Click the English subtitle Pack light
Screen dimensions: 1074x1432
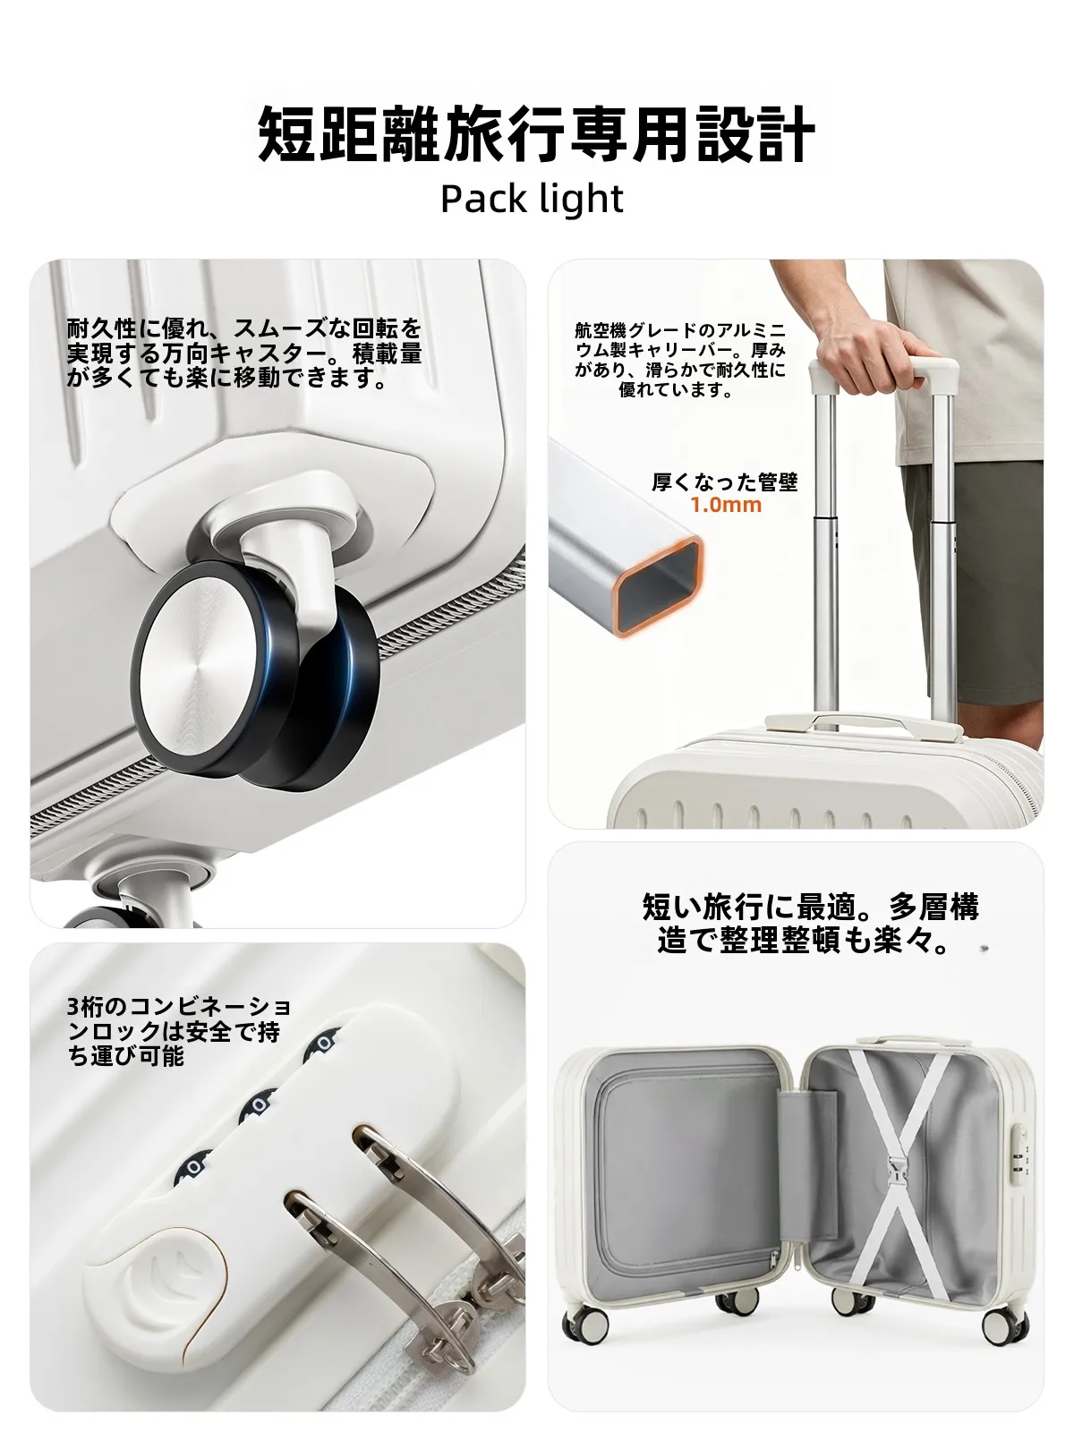click(x=533, y=199)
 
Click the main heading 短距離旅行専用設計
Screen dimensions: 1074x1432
click(x=536, y=134)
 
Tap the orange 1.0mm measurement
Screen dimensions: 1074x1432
click(x=726, y=504)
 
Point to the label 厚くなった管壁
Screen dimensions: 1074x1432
click(x=724, y=482)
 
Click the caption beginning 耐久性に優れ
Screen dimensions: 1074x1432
click(x=244, y=353)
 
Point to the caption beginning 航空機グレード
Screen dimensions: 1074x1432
click(x=680, y=360)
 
